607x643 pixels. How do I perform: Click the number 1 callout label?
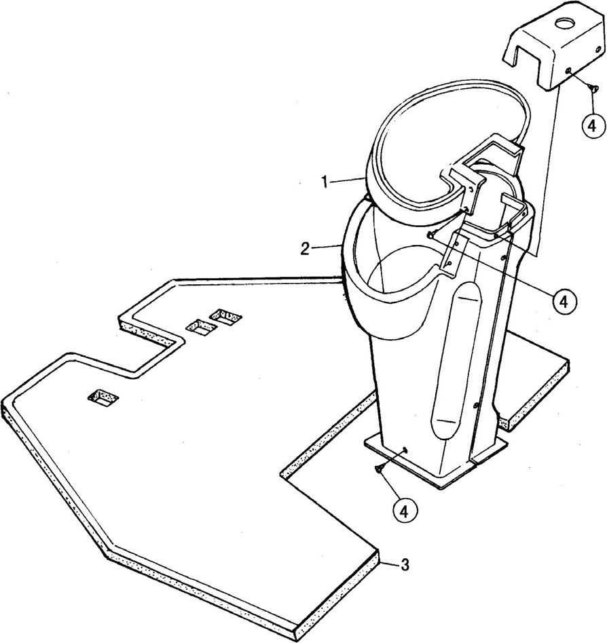coord(325,182)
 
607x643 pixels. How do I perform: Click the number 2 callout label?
coord(305,249)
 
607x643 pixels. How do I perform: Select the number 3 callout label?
coord(405,565)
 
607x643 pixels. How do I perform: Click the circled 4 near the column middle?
coord(564,301)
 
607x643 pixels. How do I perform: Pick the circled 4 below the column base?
coord(404,511)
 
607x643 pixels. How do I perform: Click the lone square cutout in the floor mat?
coord(104,398)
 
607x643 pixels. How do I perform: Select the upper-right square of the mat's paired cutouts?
coord(225,317)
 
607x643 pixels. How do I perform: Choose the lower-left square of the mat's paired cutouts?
coord(201,327)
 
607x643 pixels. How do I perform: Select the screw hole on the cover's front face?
coord(568,71)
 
